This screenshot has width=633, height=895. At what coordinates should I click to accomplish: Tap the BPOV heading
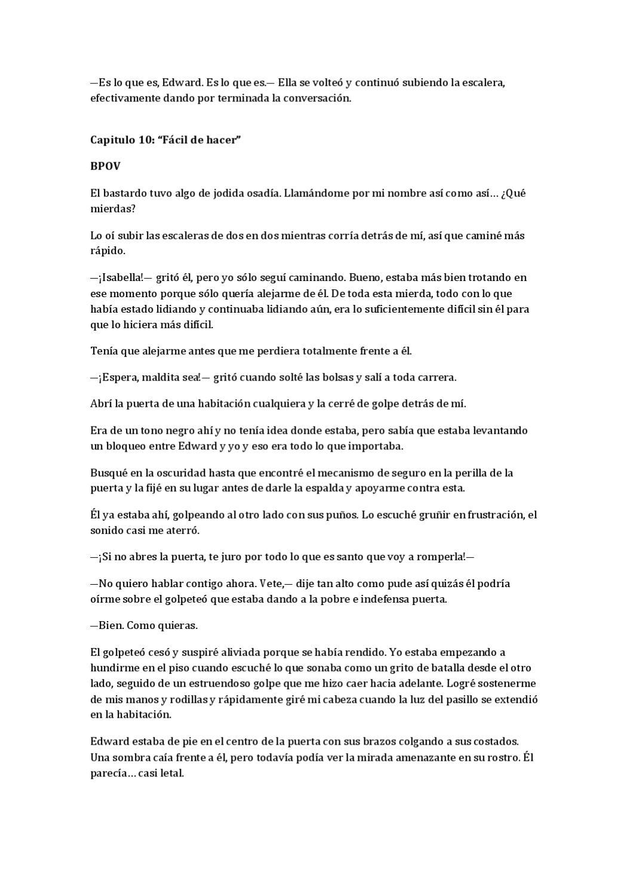(105, 166)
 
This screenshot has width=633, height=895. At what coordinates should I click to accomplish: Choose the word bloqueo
(127, 446)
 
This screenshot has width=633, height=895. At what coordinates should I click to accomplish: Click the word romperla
(441, 557)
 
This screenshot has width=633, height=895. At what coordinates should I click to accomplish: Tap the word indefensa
(390, 599)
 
